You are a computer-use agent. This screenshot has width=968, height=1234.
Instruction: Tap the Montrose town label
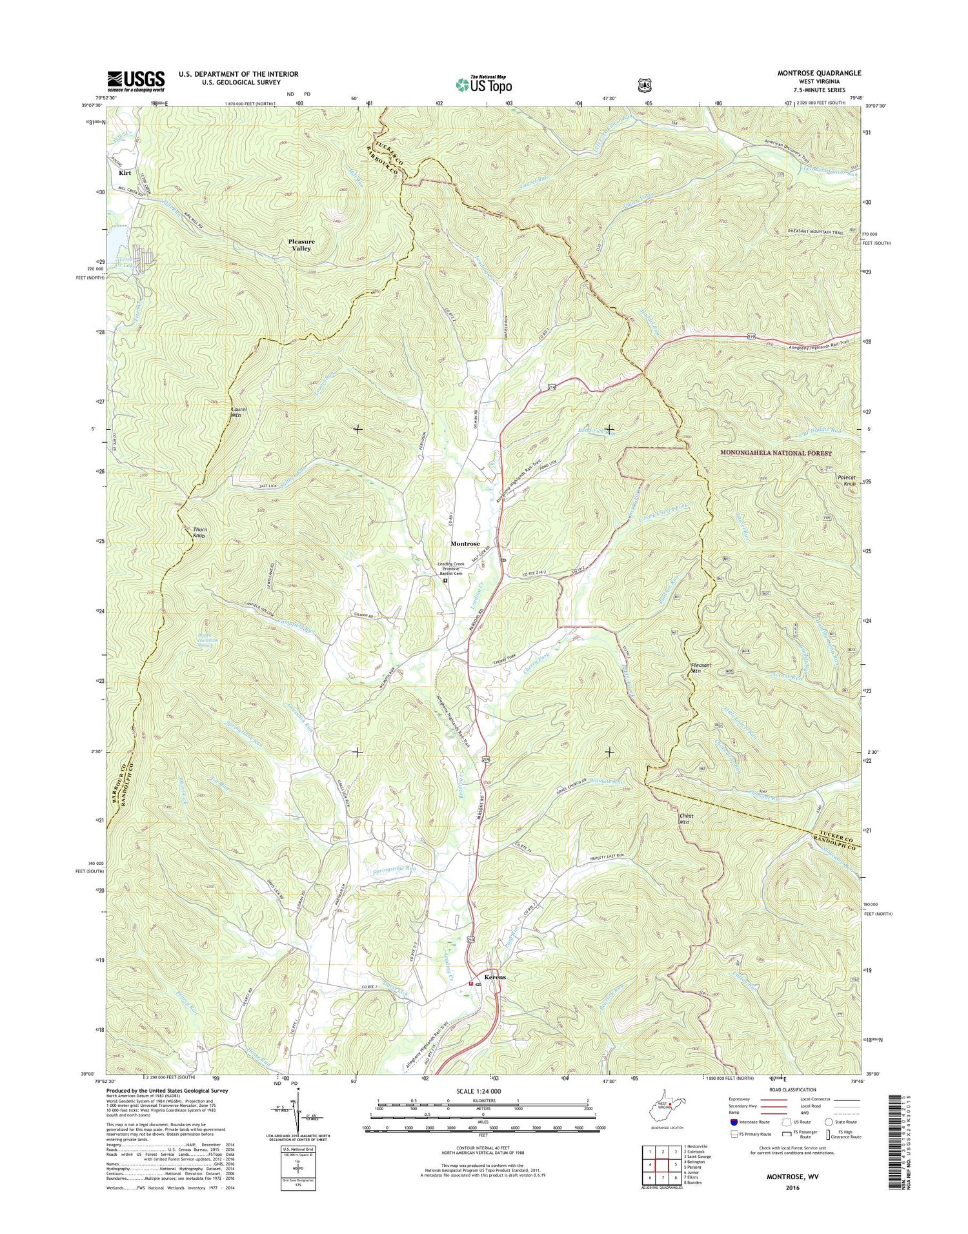tap(465, 544)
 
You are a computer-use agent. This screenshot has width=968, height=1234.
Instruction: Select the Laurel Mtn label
tap(239, 413)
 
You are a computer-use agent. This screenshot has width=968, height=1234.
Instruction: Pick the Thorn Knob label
tap(201, 532)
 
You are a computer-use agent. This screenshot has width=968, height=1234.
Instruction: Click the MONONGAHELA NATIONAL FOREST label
tap(776, 454)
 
